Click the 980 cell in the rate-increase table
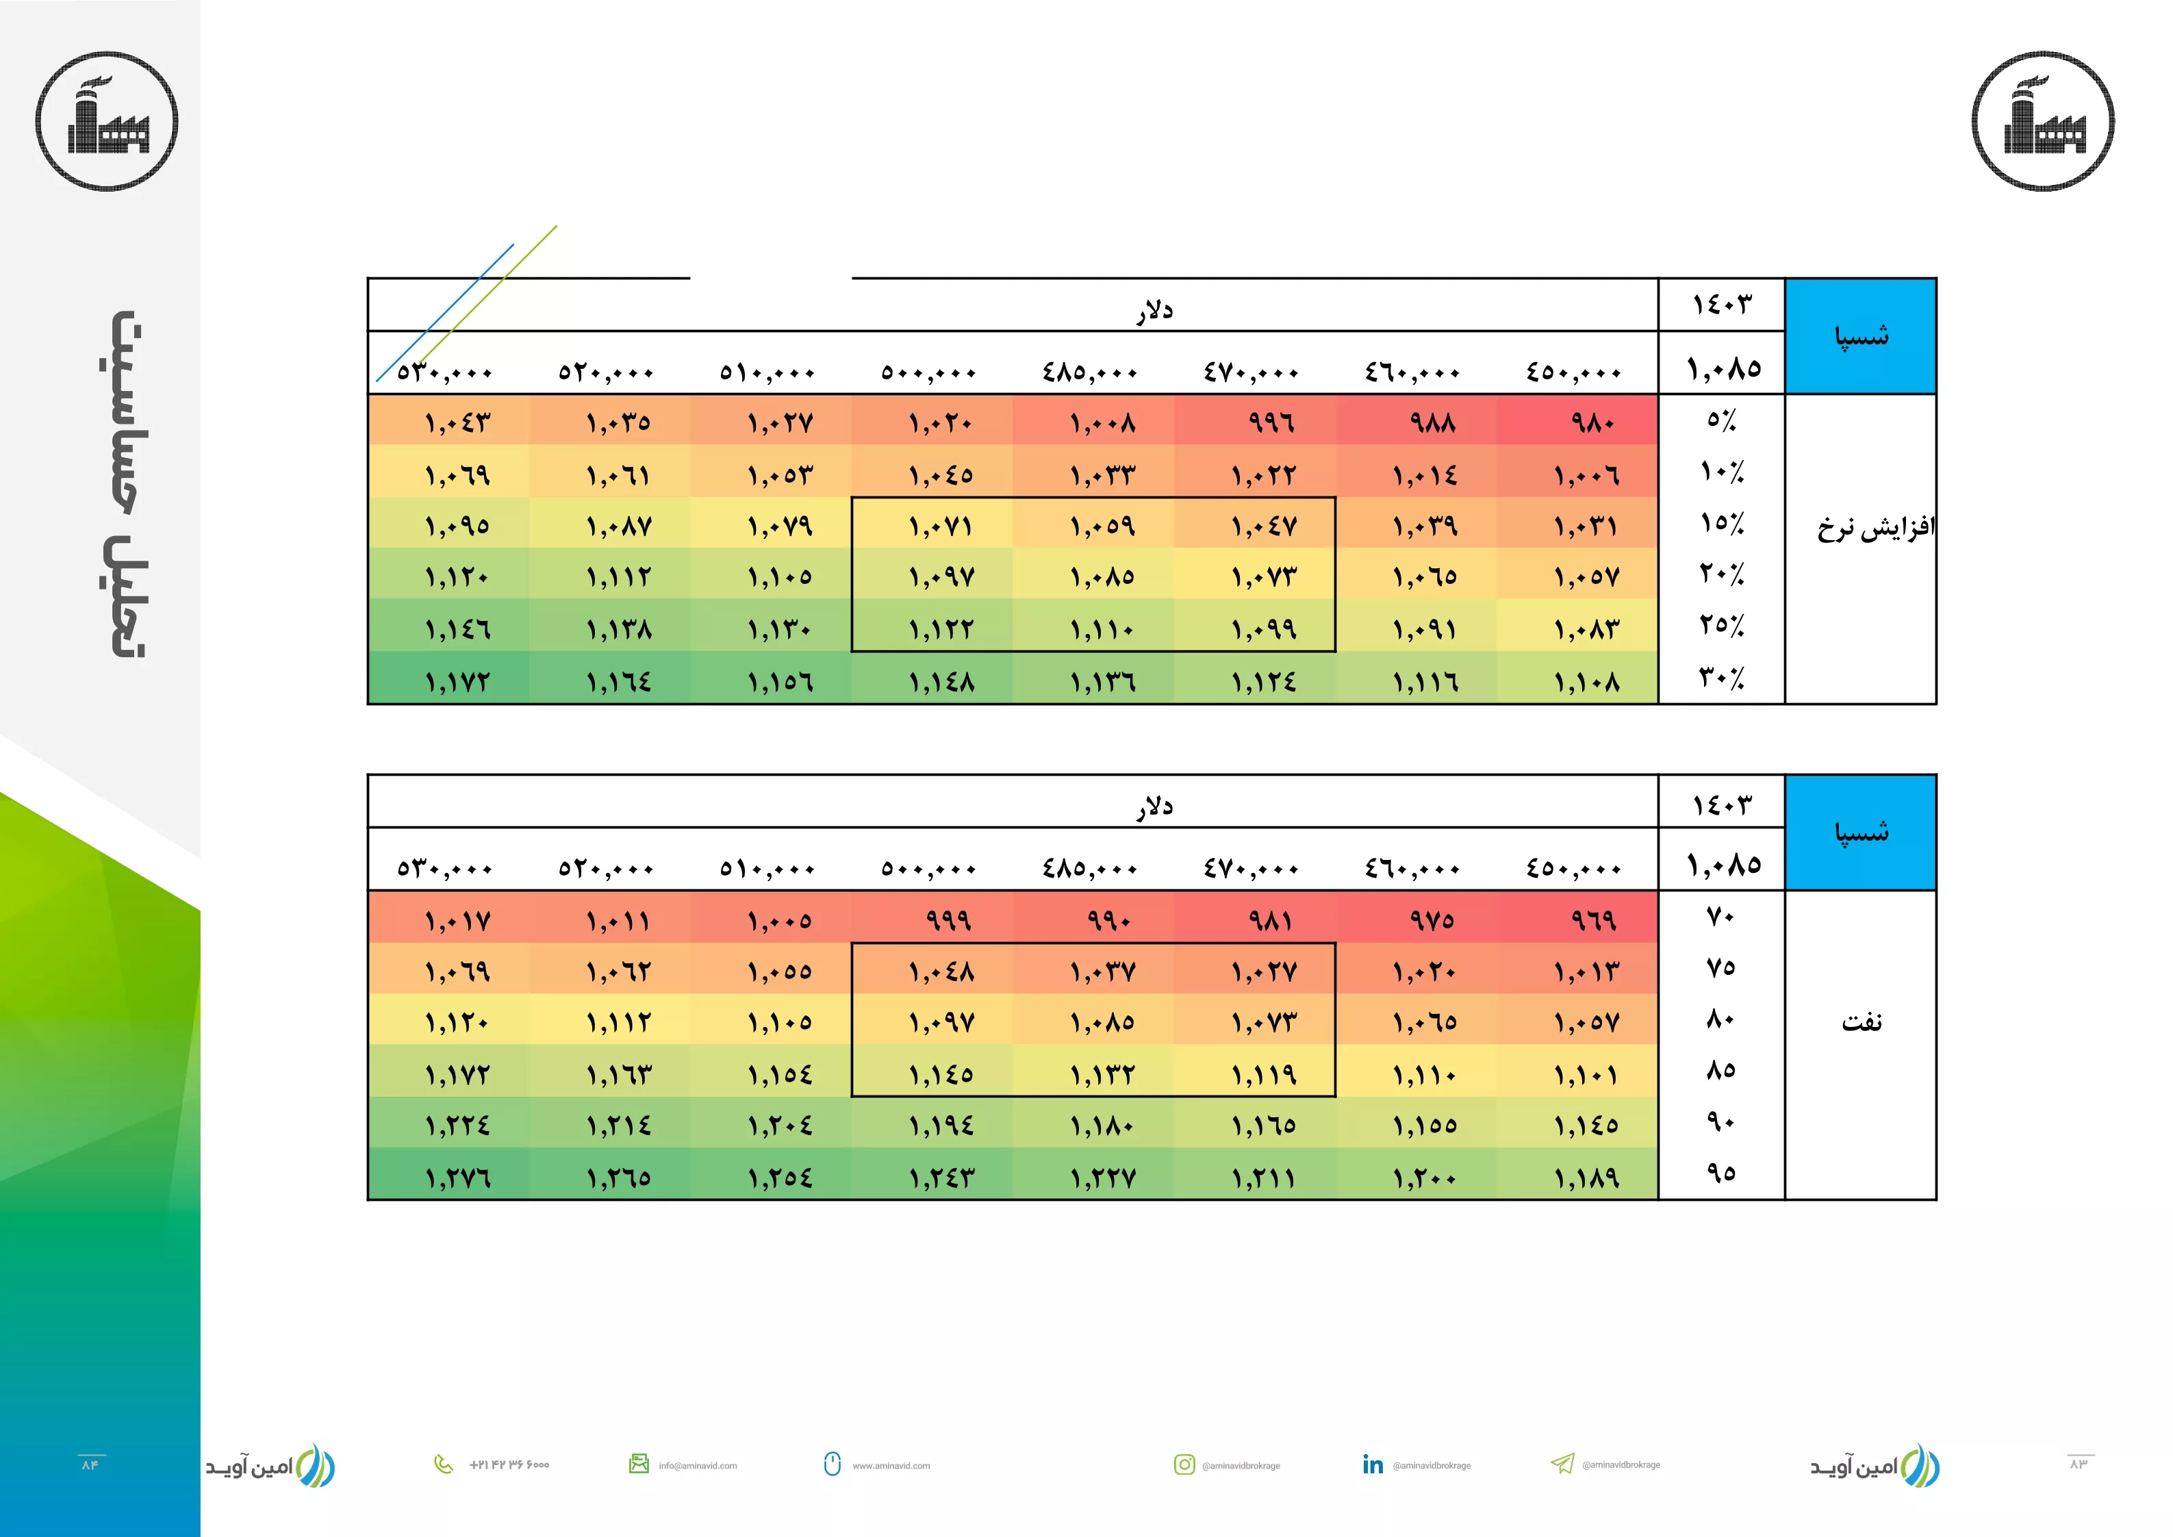(1593, 422)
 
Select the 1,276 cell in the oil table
(458, 1178)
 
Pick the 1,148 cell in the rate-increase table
(941, 681)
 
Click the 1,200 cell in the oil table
(1425, 1178)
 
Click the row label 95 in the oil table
(1720, 1173)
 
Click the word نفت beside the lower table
(1861, 1022)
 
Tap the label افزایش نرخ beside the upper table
(1876, 527)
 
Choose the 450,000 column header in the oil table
(1573, 869)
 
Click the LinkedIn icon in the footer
(1372, 1464)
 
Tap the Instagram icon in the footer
(1184, 1464)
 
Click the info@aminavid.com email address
(698, 1465)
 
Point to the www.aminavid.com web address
(891, 1465)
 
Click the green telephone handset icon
(443, 1464)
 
